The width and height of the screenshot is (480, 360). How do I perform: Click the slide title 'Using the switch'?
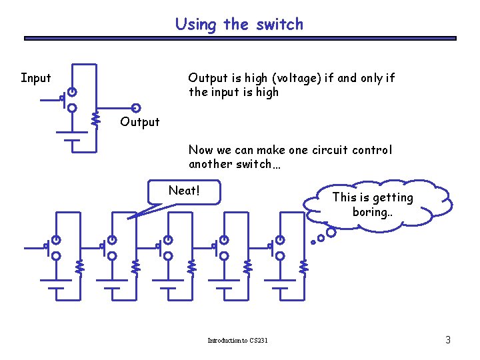coord(239,25)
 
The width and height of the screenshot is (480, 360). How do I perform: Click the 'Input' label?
coord(35,78)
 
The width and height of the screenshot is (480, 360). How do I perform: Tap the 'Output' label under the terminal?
coord(139,122)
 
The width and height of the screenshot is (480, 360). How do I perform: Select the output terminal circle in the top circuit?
coord(136,108)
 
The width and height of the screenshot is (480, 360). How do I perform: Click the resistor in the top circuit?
coord(96,119)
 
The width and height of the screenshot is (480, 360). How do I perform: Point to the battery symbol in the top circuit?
coord(72,136)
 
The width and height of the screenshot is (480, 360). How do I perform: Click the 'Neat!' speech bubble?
coord(184,191)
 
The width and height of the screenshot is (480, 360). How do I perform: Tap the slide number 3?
coord(448,341)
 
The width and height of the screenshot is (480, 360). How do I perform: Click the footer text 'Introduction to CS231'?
coord(237,341)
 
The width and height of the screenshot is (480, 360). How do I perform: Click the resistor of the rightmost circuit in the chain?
coord(304,267)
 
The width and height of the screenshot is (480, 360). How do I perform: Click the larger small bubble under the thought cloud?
coord(331,233)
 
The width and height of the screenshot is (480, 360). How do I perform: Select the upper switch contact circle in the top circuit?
coord(72,92)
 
